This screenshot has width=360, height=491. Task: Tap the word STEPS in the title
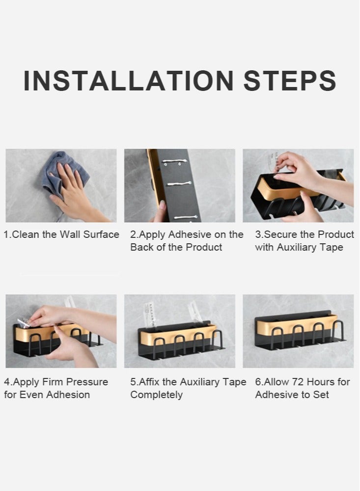(290, 81)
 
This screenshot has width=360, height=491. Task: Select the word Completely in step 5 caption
(156, 395)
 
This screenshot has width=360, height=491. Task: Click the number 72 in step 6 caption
(298, 382)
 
